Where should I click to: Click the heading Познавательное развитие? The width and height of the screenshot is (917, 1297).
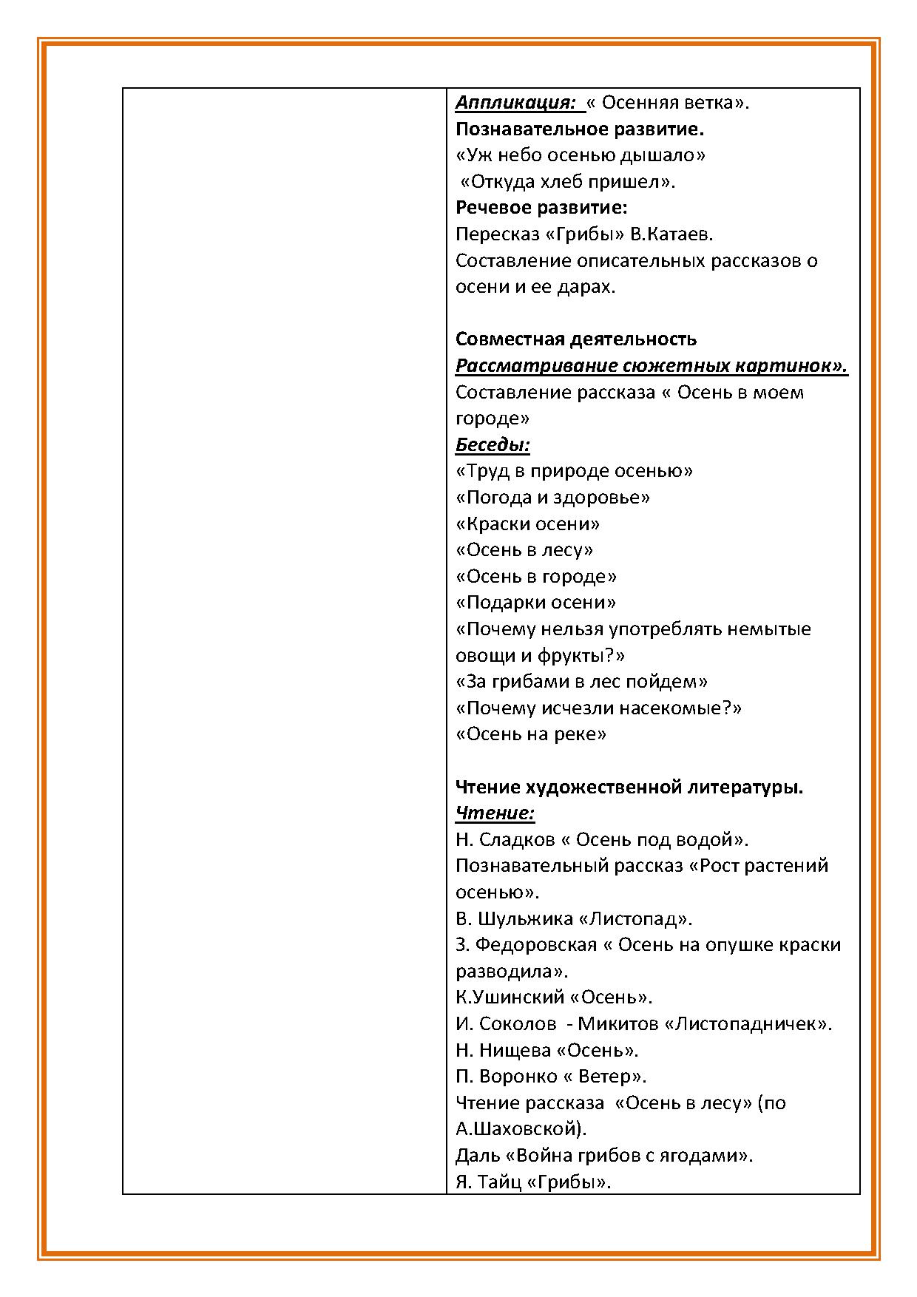click(x=580, y=129)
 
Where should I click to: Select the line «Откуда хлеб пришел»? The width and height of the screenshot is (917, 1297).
click(x=568, y=182)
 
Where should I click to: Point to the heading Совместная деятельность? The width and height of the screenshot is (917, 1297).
click(x=576, y=339)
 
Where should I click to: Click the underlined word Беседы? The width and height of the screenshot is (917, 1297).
click(x=493, y=444)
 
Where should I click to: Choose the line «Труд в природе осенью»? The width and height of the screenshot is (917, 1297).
click(x=575, y=471)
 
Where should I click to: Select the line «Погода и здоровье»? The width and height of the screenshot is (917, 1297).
click(x=552, y=497)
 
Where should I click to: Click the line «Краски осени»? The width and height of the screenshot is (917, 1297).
click(x=527, y=524)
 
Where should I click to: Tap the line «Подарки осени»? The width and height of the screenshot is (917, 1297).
click(x=536, y=602)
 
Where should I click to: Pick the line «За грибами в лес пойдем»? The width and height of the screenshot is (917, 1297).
click(x=582, y=681)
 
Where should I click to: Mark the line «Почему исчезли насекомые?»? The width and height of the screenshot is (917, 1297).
click(x=599, y=708)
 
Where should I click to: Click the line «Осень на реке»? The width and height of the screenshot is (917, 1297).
click(x=531, y=734)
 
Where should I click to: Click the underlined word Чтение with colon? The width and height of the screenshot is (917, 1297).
click(x=495, y=813)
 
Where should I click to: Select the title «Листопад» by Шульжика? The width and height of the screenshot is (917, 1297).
click(x=635, y=918)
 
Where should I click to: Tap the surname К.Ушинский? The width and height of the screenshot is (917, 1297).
click(x=510, y=997)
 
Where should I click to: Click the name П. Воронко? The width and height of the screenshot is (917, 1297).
click(x=504, y=1076)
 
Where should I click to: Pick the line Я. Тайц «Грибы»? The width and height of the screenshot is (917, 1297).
click(x=533, y=1182)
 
